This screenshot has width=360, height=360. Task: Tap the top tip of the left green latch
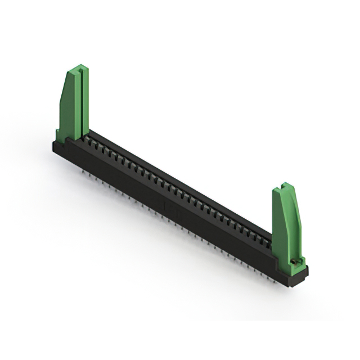[x=78, y=67]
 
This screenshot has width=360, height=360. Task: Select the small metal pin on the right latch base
[x=295, y=262]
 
